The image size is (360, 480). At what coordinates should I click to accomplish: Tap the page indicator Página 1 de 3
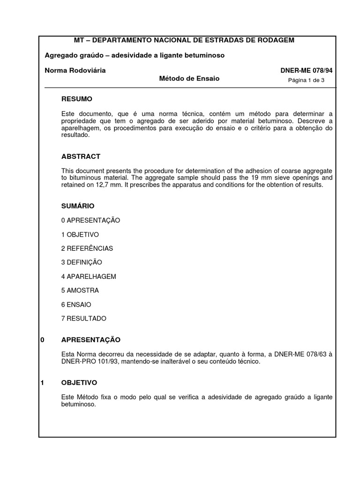click(306, 80)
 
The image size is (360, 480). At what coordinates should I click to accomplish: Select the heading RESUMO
click(77, 99)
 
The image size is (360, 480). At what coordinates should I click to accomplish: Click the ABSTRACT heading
click(81, 157)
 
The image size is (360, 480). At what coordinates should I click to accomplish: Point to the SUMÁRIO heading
click(78, 206)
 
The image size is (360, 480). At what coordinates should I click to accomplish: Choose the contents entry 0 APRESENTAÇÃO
click(90, 220)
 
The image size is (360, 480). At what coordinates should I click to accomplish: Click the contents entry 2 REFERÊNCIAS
click(87, 248)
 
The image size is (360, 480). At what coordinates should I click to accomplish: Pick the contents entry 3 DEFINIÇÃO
click(82, 262)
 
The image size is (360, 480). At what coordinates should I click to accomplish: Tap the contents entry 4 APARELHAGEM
click(89, 277)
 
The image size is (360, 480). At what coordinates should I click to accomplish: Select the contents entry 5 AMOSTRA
click(80, 291)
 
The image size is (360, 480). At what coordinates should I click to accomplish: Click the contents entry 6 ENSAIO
click(76, 305)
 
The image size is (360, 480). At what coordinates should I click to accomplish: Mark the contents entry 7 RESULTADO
click(84, 319)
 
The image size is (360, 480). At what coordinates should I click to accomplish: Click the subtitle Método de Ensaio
click(189, 79)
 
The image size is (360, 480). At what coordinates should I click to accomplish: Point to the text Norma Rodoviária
click(75, 70)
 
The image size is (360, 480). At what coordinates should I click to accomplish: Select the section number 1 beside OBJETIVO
click(42, 383)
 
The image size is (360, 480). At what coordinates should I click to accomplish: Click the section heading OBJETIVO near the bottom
click(79, 383)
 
